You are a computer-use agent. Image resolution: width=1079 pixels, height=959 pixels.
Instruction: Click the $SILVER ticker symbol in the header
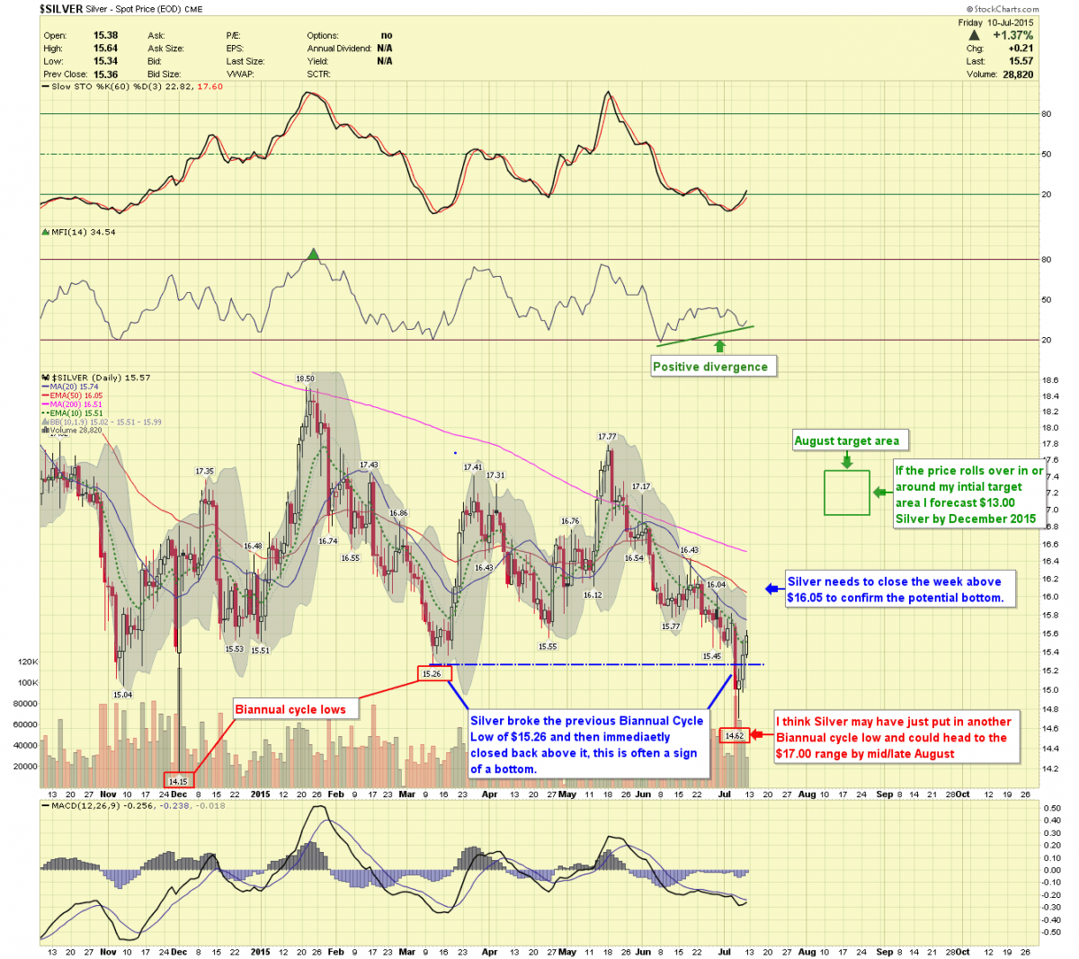(61, 9)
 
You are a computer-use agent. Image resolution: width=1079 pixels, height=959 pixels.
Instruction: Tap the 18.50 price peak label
(306, 379)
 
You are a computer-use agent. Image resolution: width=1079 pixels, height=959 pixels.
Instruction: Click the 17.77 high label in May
(608, 437)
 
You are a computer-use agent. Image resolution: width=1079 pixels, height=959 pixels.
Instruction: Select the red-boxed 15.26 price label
(432, 673)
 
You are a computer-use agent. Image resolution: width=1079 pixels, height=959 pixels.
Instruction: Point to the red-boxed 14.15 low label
(178, 781)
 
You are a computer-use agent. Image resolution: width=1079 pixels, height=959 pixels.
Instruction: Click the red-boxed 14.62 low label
(735, 735)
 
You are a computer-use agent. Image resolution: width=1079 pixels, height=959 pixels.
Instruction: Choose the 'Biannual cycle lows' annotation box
(290, 709)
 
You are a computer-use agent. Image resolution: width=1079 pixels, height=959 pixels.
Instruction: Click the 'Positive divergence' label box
(710, 367)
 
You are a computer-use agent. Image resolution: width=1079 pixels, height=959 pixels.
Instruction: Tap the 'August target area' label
(846, 440)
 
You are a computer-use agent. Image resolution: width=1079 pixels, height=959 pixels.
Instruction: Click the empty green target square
(847, 493)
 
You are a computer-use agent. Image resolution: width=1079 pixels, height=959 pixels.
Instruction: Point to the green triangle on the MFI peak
(312, 254)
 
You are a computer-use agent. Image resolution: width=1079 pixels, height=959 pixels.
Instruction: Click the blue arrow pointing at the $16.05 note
(771, 589)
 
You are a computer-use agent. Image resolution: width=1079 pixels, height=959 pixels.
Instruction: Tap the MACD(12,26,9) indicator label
(90, 805)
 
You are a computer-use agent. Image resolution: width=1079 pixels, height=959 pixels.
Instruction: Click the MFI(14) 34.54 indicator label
(83, 232)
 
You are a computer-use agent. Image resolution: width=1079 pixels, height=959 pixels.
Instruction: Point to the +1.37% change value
(1012, 35)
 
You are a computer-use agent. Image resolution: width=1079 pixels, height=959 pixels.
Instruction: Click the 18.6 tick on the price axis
(1049, 380)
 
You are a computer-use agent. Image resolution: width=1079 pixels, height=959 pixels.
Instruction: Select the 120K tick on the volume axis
(27, 662)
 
